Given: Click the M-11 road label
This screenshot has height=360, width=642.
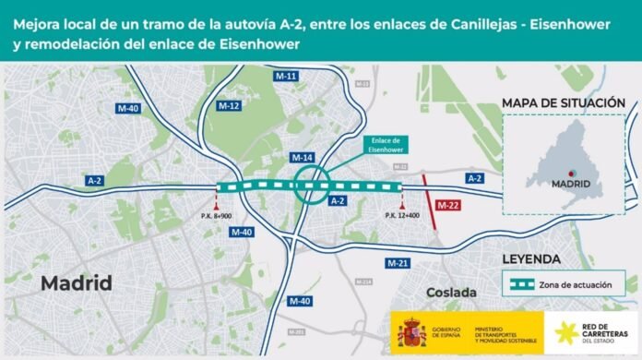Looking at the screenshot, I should tap(285, 77).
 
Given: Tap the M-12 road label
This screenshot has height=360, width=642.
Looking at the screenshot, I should tap(229, 106).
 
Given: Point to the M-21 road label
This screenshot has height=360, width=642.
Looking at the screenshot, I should tap(398, 263).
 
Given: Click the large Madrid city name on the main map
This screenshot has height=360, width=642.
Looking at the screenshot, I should tap(77, 282).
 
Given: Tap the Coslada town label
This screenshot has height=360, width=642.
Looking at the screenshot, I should tap(450, 293).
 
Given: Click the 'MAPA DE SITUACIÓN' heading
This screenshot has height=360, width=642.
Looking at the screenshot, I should tap(564, 102).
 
